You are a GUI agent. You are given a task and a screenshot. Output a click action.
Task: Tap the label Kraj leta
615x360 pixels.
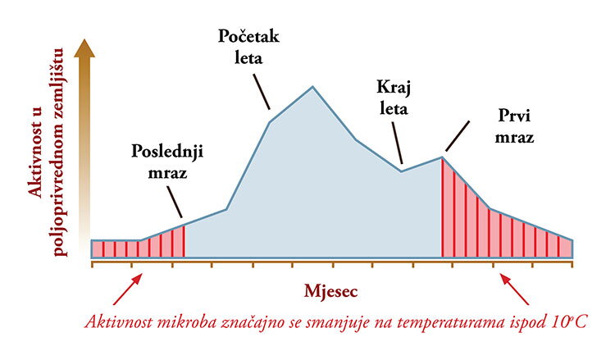click(x=392, y=98)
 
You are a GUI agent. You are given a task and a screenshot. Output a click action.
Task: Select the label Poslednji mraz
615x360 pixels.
click(x=167, y=162)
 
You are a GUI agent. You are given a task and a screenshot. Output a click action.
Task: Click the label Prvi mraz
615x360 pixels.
click(x=515, y=126)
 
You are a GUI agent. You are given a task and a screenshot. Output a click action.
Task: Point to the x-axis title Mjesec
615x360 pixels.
click(x=333, y=290)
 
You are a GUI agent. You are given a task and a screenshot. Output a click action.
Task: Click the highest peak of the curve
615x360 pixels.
click(x=312, y=86)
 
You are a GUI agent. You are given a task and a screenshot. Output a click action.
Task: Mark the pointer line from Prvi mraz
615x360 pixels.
click(x=458, y=138)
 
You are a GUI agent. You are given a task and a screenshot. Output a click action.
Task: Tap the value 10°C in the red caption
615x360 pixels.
click(x=570, y=321)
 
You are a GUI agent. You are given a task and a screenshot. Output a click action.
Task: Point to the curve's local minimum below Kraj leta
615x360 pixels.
click(x=401, y=171)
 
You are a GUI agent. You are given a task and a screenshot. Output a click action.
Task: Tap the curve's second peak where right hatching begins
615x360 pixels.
click(x=443, y=157)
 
